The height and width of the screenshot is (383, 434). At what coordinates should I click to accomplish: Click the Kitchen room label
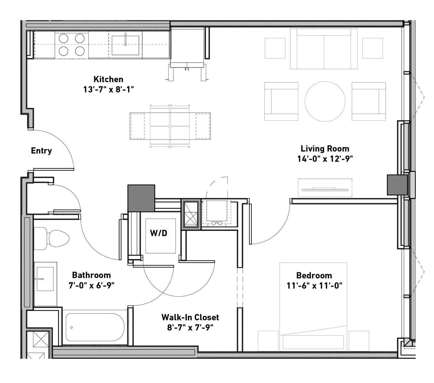[108, 79]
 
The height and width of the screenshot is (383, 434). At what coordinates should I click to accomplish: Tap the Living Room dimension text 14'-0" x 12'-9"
[325, 159]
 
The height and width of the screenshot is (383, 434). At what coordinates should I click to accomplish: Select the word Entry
[41, 151]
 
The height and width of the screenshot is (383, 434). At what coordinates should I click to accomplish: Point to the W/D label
[159, 233]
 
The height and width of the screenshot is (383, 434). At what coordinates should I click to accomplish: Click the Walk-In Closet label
[190, 317]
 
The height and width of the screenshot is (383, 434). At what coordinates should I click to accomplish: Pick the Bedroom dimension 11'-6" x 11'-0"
[314, 286]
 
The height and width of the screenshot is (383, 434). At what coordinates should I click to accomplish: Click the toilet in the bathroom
[52, 239]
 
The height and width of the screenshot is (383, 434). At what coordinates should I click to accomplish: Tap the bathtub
[95, 327]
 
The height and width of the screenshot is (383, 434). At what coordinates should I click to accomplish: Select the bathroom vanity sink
[45, 279]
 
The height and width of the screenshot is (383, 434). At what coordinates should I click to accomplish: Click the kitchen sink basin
[125, 45]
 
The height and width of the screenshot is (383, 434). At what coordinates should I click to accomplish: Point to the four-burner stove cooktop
[71, 45]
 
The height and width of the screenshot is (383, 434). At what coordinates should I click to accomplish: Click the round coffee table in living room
[325, 101]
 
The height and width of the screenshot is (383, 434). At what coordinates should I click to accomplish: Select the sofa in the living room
[324, 49]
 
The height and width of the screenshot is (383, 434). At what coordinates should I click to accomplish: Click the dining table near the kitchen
[170, 126]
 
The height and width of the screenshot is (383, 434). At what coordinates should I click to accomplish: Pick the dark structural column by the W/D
[141, 198]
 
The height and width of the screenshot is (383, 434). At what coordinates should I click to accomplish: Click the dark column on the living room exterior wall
[397, 185]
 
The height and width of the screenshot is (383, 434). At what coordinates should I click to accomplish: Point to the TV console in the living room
[325, 188]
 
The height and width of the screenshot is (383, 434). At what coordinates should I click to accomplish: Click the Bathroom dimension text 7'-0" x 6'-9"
[92, 285]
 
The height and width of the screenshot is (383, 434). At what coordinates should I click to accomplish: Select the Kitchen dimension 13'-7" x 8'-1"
[108, 89]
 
